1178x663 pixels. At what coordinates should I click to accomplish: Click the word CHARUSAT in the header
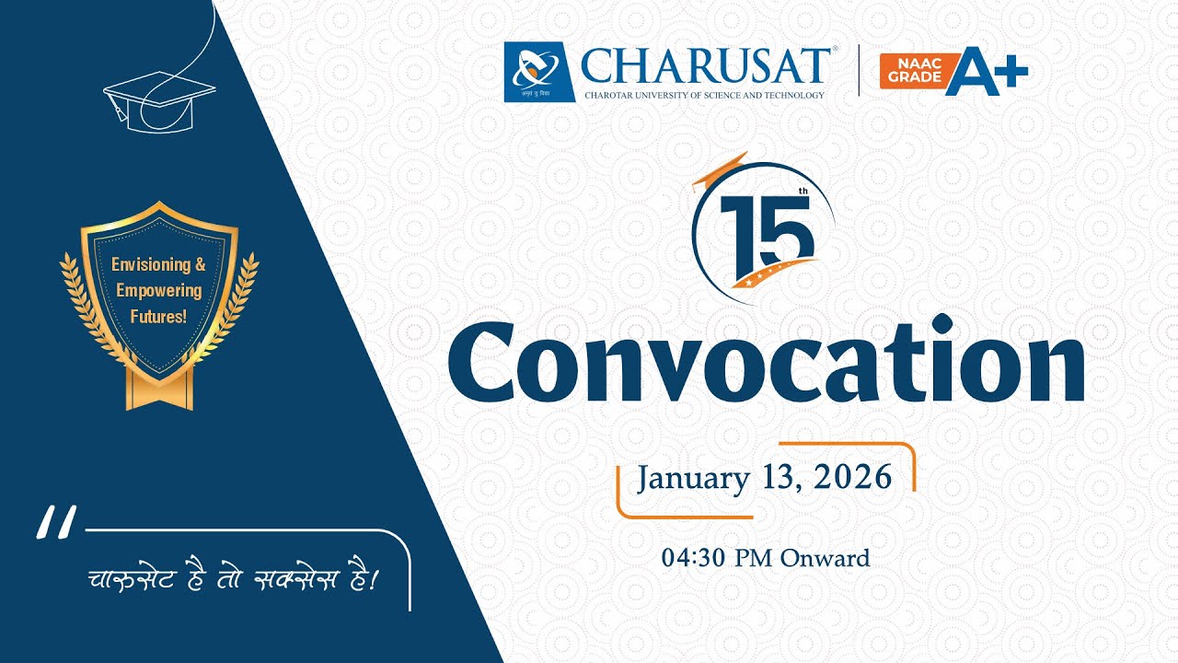pyautogui.click(x=706, y=66)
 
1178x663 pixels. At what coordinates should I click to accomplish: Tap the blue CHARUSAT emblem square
pyautogui.click(x=539, y=72)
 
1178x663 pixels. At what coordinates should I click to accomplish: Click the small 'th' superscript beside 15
pyautogui.click(x=803, y=192)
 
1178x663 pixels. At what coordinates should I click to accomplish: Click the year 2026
pyautogui.click(x=853, y=477)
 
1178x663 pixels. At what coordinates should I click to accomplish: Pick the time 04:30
pyautogui.click(x=694, y=558)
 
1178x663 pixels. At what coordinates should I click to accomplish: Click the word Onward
pyautogui.click(x=825, y=558)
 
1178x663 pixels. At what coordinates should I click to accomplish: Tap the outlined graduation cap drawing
pyautogui.click(x=158, y=100)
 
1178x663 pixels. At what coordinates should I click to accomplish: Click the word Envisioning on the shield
pyautogui.click(x=151, y=265)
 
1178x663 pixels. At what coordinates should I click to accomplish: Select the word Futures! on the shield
pyautogui.click(x=157, y=317)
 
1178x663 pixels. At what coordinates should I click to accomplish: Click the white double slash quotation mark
pyautogui.click(x=57, y=522)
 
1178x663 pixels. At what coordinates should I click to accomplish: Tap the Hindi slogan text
pyautogui.click(x=234, y=580)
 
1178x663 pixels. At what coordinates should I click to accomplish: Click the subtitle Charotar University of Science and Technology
pyautogui.click(x=704, y=95)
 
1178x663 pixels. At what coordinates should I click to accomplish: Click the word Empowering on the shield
pyautogui.click(x=158, y=291)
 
